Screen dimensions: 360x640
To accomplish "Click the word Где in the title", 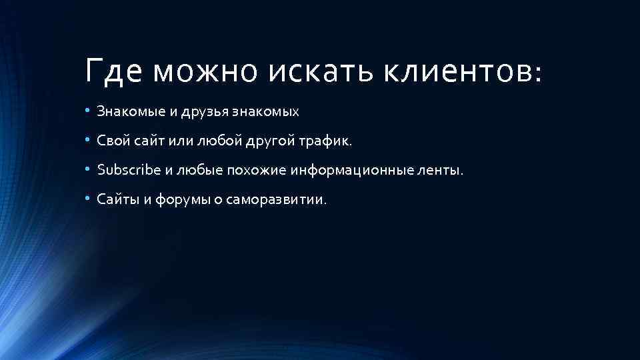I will (x=113, y=71).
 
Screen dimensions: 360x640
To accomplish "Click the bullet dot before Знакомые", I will (x=87, y=111).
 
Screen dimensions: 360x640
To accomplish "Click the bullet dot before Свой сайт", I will (x=87, y=141).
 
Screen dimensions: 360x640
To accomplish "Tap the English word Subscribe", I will (x=129, y=170).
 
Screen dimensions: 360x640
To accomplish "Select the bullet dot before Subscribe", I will (x=87, y=169).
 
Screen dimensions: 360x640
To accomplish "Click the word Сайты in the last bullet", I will (x=115, y=199).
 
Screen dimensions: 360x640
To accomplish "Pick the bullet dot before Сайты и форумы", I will (x=87, y=199).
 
